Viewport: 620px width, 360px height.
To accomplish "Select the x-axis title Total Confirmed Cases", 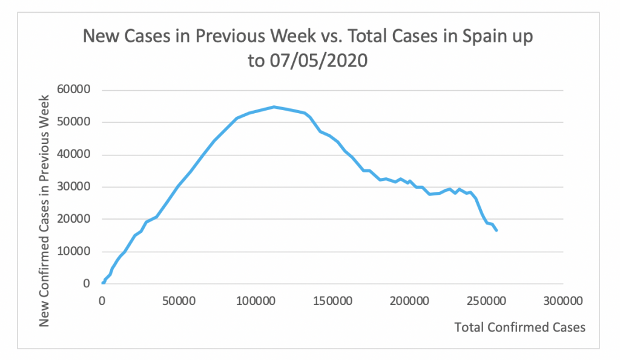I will tap(520, 327).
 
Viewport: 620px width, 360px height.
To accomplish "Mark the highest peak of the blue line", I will tap(274, 107).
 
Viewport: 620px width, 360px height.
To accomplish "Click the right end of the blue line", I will tap(496, 231).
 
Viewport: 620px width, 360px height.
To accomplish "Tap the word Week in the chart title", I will tap(260, 38).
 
